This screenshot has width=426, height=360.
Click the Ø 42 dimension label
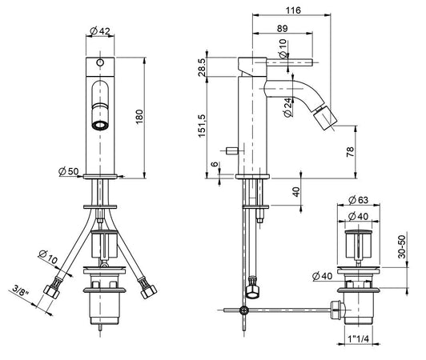(99, 31)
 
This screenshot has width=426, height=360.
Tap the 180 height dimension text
(139, 117)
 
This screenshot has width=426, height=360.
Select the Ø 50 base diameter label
(69, 171)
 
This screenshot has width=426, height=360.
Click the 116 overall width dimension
(293, 10)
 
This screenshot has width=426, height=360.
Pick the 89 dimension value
(283, 28)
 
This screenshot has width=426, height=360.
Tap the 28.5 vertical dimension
(202, 66)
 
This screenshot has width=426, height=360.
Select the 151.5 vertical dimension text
(202, 126)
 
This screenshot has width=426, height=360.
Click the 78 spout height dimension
(351, 152)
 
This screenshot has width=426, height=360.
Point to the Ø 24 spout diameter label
(288, 107)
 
